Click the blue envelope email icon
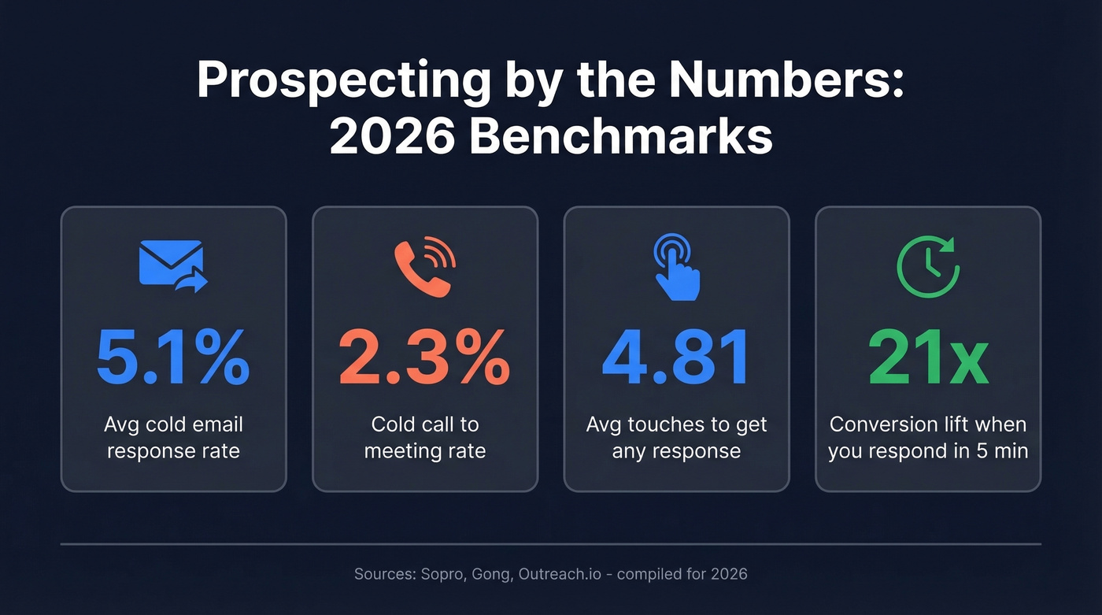173,266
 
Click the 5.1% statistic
173,358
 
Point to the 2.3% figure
424,358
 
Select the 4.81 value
676,358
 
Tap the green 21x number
928,358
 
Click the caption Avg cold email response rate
173,438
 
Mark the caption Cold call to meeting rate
424,438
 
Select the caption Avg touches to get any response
676,438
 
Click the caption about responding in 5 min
928,438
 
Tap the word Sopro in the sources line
442,574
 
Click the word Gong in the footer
492,574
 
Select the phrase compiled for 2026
682,574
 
